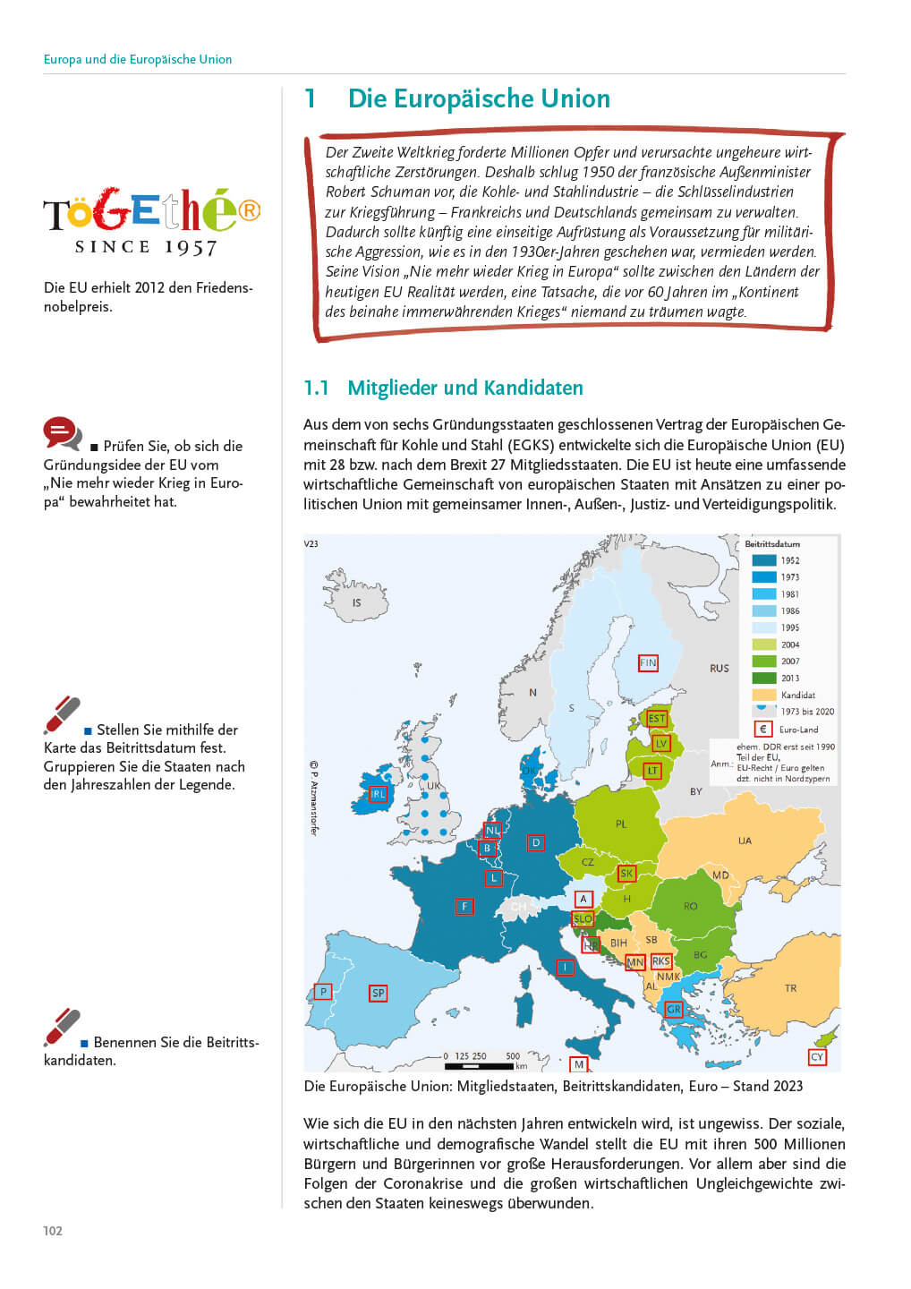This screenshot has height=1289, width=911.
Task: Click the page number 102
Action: point(53,1231)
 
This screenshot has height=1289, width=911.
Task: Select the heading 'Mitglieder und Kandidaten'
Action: point(464,388)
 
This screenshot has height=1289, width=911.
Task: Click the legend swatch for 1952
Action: point(763,560)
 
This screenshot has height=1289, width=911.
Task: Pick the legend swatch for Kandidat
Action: point(763,695)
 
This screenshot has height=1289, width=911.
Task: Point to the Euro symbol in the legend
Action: point(763,729)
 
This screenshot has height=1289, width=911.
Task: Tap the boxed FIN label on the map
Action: point(648,663)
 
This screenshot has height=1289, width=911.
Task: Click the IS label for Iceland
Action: point(356,602)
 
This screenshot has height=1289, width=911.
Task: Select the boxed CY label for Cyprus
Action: point(816,1057)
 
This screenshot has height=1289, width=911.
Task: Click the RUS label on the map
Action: point(719,669)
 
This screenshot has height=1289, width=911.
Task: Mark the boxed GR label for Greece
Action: point(674,1010)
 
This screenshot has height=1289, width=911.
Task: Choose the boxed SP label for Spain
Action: point(379,994)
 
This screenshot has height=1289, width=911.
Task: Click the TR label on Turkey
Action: point(790,988)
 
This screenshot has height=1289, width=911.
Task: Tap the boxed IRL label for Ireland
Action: point(379,794)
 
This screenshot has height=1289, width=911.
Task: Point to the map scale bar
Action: point(483,1066)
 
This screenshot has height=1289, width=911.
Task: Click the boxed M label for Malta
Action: point(579,1064)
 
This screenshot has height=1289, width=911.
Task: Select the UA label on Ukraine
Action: point(745,841)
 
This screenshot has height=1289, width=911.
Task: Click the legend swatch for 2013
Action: point(763,678)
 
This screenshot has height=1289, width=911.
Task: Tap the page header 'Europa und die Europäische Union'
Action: point(138,59)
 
